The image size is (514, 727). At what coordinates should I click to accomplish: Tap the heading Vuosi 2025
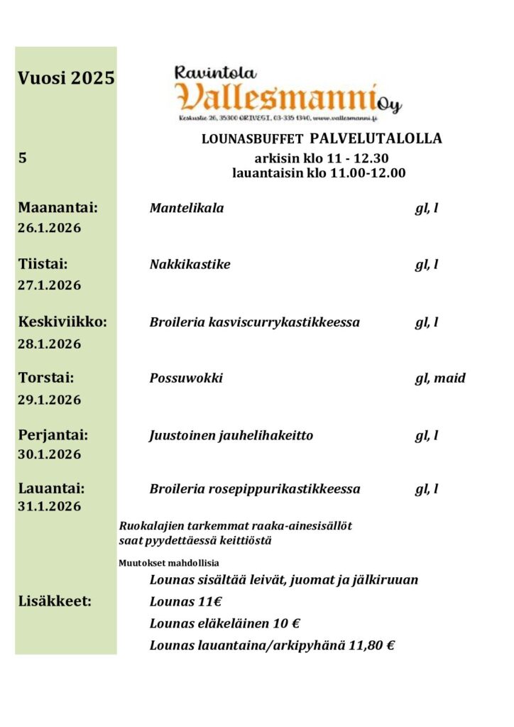tap(66, 78)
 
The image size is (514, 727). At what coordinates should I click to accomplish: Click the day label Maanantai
tap(58, 208)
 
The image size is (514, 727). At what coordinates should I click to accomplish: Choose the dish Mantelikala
tap(187, 208)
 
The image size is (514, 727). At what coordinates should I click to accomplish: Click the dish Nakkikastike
tap(190, 265)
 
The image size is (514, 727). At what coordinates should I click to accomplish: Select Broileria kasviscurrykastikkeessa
tap(254, 322)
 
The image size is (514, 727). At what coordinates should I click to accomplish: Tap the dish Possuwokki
tap(186, 378)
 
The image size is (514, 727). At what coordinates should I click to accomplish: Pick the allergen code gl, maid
tap(440, 378)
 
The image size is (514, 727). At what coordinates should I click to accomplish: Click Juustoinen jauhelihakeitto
tap(231, 435)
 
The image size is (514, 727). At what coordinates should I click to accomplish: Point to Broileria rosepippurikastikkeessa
tap(255, 489)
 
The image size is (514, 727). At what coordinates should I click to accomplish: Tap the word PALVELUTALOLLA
tap(376, 138)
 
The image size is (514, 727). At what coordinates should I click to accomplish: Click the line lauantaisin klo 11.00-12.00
tap(319, 173)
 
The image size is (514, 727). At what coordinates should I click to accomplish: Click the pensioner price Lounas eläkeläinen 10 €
tap(224, 623)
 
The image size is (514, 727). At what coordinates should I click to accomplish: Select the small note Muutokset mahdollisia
tap(158, 563)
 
